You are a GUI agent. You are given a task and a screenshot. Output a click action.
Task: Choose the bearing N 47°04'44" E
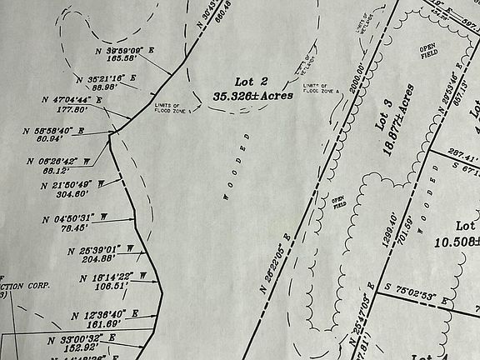[x=72, y=99]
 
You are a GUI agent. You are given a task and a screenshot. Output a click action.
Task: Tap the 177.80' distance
[x=71, y=108]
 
